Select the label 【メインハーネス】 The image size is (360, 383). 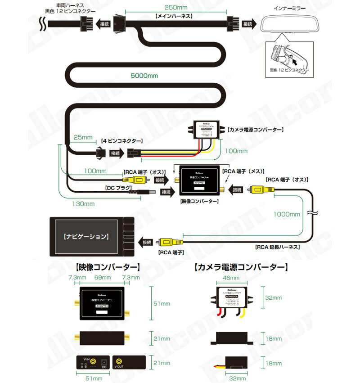click(x=174, y=17)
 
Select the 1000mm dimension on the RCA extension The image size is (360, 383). click(x=287, y=214)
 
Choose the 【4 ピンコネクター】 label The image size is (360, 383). click(x=122, y=141)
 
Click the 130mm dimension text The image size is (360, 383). click(x=83, y=203)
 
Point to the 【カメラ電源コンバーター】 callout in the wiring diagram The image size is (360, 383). click(x=255, y=130)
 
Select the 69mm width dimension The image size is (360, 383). click(x=103, y=278)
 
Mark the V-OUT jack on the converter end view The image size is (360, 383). click(x=120, y=361)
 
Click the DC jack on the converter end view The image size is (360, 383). click(x=104, y=361)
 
